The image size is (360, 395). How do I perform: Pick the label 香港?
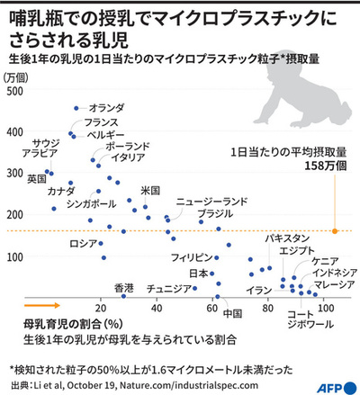point(124,288)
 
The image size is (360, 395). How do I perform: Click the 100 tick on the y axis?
point(15,257)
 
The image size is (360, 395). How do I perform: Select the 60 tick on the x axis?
point(213,308)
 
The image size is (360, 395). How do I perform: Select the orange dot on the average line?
point(335,231)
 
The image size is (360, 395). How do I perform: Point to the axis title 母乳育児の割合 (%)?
point(59,322)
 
